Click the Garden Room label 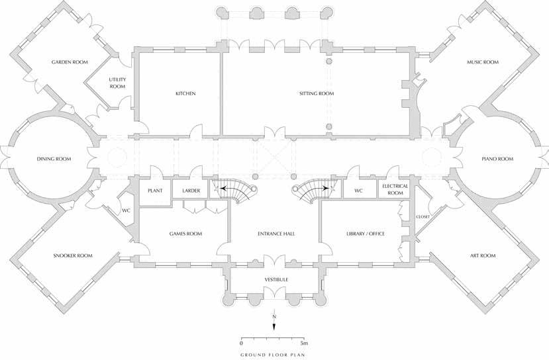pos(70,63)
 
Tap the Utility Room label pos(117,83)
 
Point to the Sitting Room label pos(317,94)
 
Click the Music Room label pos(482,63)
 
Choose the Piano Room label pos(497,159)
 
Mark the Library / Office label pos(365,234)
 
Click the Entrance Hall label pos(275,234)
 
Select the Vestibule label pos(276,281)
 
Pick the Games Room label pos(185,234)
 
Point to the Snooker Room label pos(73,255)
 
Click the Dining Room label pos(54,159)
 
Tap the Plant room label pos(156,191)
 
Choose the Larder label pos(191,191)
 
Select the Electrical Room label pos(395,190)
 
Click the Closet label pos(423,217)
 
